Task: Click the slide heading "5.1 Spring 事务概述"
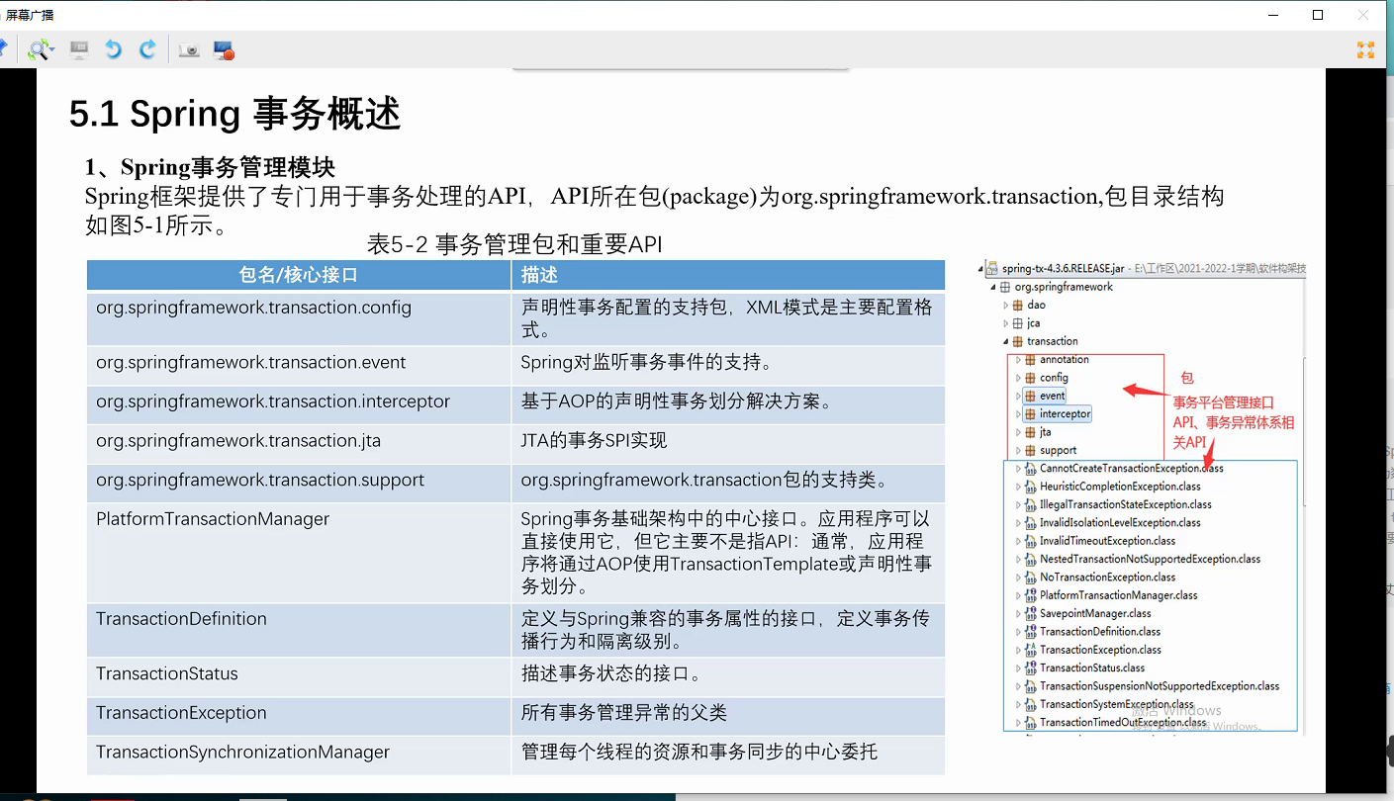(234, 114)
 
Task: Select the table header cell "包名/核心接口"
(298, 275)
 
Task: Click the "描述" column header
(539, 275)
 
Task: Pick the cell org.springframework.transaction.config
(253, 308)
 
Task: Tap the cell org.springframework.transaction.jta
(238, 440)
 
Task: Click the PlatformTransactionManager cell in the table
(213, 519)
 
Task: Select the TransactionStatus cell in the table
(167, 673)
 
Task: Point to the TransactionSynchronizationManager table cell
(242, 753)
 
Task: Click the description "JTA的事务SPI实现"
(594, 440)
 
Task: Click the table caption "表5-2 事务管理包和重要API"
(514, 244)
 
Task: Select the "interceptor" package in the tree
(1065, 414)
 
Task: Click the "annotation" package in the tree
(1064, 359)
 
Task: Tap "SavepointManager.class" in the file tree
(1095, 613)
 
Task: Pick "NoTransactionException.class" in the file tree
(1107, 577)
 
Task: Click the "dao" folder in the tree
(1036, 305)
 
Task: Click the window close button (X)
(1362, 15)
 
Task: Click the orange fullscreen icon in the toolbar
(1365, 49)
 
